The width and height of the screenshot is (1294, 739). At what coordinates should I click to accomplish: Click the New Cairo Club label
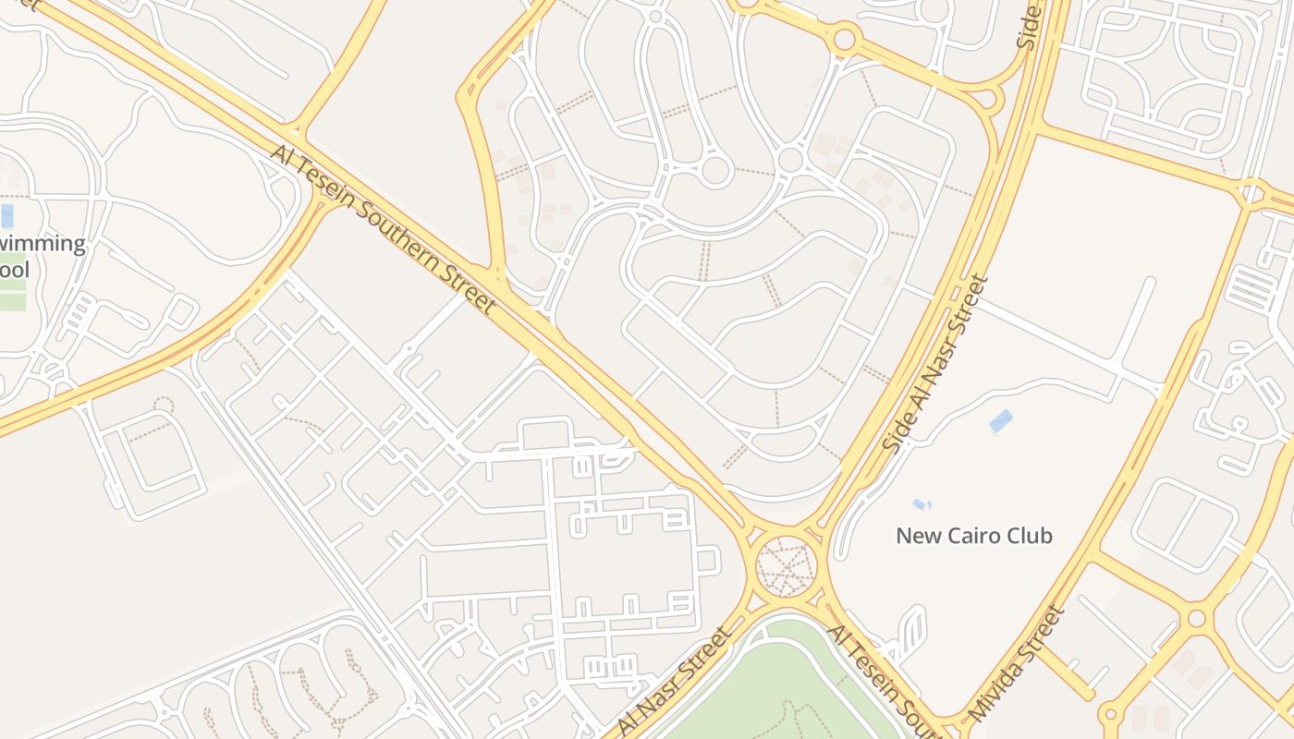pyautogui.click(x=974, y=536)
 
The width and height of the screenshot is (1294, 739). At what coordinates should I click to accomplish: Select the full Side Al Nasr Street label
pyautogui.click(x=936, y=364)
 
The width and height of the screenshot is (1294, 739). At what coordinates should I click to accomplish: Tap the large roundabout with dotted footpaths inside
pyautogui.click(x=787, y=566)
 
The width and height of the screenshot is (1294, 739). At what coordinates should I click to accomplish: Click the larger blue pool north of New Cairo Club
pyautogui.click(x=1000, y=421)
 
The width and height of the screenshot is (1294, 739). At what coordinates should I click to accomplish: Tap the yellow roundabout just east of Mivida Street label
pyautogui.click(x=1197, y=617)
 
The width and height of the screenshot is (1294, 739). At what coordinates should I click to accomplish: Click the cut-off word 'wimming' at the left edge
pyautogui.click(x=42, y=245)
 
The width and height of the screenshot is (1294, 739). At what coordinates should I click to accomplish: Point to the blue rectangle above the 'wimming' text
pyautogui.click(x=7, y=216)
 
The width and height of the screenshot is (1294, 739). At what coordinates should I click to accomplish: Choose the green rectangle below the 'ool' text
pyautogui.click(x=13, y=301)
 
